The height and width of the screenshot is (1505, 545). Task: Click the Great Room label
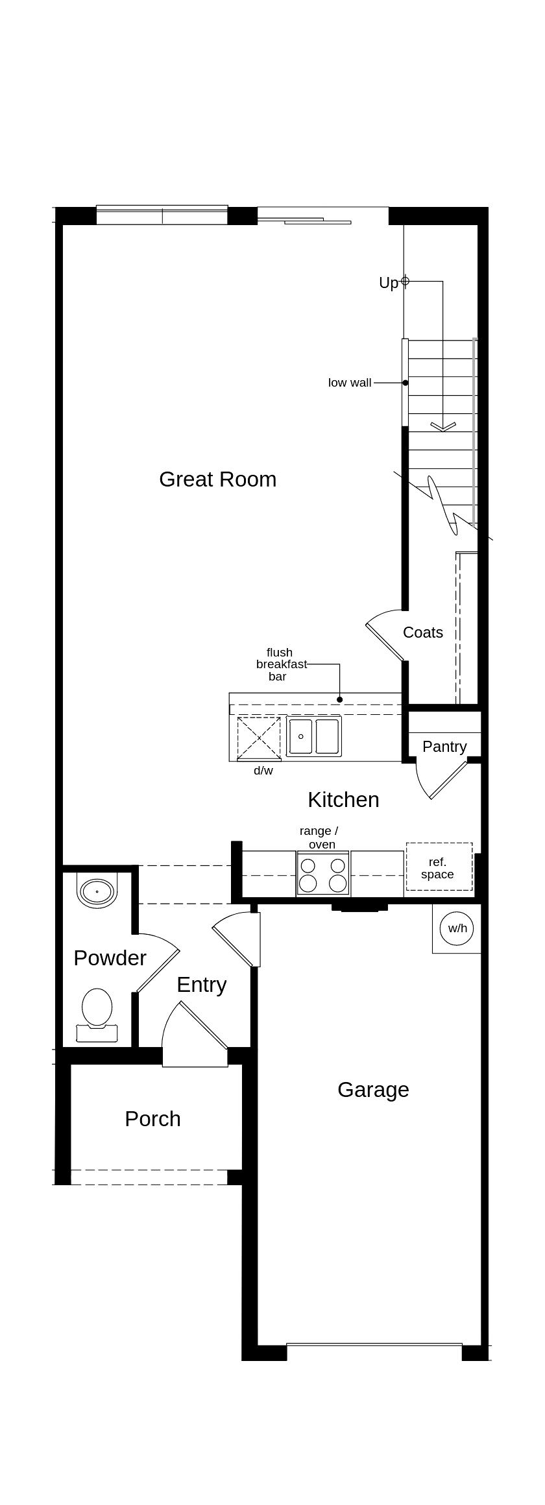[217, 479]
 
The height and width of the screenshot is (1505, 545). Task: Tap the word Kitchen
[343, 800]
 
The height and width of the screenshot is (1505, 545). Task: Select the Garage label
[373, 1090]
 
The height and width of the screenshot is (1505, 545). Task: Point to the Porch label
[152, 1119]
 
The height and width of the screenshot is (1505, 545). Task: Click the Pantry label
[444, 747]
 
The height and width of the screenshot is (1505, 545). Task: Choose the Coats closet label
[423, 632]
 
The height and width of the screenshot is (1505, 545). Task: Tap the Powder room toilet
[97, 1013]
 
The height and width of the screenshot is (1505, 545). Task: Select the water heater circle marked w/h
[457, 928]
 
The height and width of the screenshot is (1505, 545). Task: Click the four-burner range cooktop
[322, 874]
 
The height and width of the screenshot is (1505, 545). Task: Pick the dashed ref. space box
[439, 867]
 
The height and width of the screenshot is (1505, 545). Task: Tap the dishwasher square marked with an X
[258, 738]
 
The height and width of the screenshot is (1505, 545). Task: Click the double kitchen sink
[314, 736]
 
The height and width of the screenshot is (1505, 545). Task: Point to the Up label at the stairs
[388, 283]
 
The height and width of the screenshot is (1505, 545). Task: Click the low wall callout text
[350, 383]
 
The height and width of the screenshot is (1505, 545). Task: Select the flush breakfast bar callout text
[280, 664]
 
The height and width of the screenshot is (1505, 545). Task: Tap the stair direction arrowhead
[443, 427]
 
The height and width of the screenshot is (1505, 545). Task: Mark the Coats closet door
[384, 640]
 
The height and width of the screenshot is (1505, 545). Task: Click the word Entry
[201, 985]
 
